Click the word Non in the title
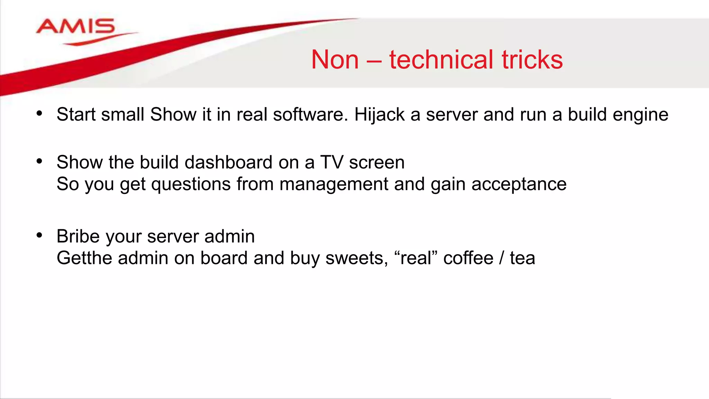tap(335, 60)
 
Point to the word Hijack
tap(379, 115)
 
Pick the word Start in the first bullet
tap(76, 115)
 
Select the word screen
tap(377, 163)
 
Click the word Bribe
tap(78, 236)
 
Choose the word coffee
tap(468, 258)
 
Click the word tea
tap(522, 258)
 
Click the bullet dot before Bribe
tap(39, 236)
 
